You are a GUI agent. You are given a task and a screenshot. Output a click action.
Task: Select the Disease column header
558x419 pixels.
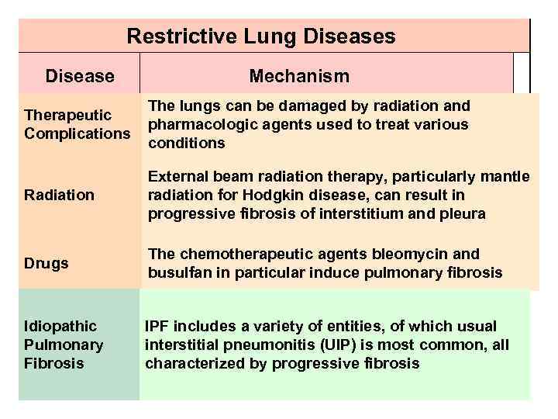pyautogui.click(x=80, y=76)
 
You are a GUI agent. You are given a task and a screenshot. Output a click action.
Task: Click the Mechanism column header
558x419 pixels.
pyautogui.click(x=299, y=76)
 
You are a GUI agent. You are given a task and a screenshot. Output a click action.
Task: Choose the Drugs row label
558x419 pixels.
pyautogui.click(x=46, y=263)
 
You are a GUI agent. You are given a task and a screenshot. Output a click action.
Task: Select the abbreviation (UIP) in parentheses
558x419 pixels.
pyautogui.click(x=308, y=345)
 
